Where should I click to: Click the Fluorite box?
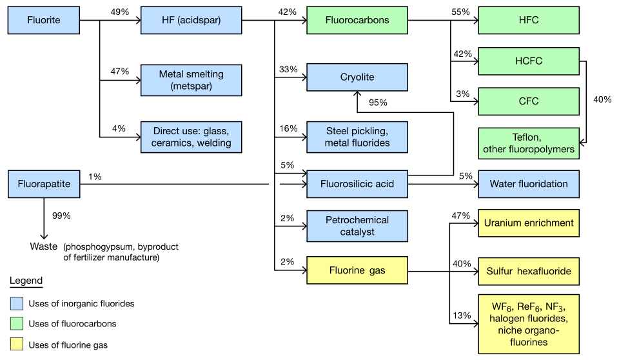click(44, 20)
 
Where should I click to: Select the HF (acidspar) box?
click(191, 20)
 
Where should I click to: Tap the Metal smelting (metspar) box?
click(191, 80)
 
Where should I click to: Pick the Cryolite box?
click(357, 77)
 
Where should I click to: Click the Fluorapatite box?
click(44, 184)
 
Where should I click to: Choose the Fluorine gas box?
click(357, 270)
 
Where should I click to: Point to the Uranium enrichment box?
click(529, 223)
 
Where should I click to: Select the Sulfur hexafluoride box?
click(529, 271)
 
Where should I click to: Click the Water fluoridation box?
click(529, 184)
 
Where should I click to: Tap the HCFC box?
click(529, 61)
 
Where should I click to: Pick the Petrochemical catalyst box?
click(357, 225)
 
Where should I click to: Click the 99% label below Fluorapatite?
click(61, 215)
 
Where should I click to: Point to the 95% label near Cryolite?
click(378, 103)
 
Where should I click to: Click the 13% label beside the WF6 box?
click(462, 315)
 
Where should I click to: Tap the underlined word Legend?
click(26, 281)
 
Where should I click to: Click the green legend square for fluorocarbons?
click(17, 324)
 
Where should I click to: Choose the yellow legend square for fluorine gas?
click(17, 345)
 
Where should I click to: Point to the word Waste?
click(43, 246)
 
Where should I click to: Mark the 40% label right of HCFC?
click(602, 100)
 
